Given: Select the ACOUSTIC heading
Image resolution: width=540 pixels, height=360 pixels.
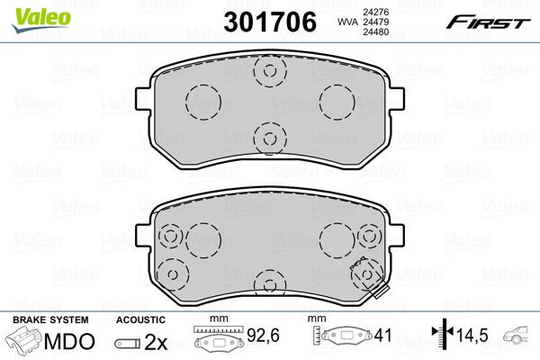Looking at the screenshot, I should [x=140, y=320].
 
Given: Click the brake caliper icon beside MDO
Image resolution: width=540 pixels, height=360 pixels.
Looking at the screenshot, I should [x=25, y=342].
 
